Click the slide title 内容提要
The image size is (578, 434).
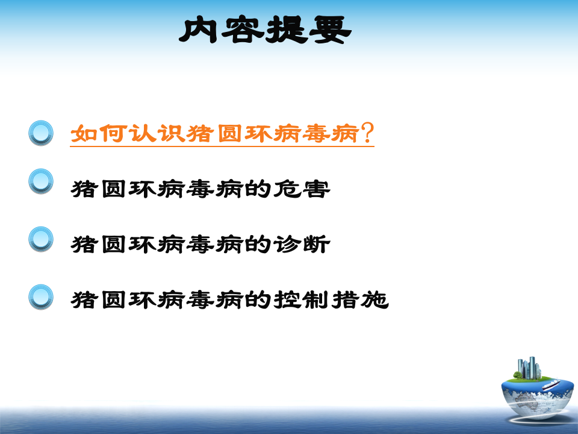pyautogui.click(x=265, y=30)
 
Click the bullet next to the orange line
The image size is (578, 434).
pyautogui.click(x=41, y=133)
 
